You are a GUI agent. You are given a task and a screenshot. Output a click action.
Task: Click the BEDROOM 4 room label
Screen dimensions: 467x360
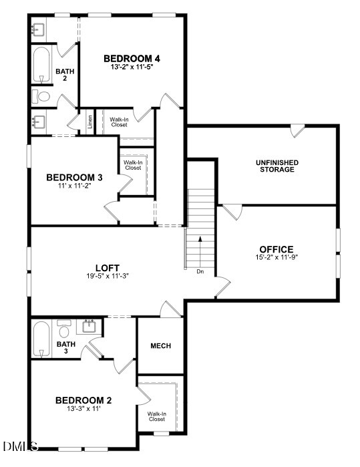tap(132, 57)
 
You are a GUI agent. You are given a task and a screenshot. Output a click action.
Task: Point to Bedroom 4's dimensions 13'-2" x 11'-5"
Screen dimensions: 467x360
tap(132, 67)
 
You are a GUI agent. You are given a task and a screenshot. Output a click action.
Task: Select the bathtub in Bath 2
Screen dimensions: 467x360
tap(41, 64)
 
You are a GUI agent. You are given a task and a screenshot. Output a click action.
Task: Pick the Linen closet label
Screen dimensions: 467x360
tap(89, 122)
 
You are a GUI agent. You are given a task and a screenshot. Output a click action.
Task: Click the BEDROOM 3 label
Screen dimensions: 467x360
tap(74, 177)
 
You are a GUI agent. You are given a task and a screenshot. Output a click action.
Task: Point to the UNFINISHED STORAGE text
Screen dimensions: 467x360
tap(277, 166)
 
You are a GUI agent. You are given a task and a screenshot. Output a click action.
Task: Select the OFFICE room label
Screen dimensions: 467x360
tap(277, 249)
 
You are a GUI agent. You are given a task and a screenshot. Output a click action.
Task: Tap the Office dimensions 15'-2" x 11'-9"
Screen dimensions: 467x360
tap(277, 258)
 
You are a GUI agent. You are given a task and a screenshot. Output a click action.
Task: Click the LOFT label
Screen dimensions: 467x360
tap(107, 266)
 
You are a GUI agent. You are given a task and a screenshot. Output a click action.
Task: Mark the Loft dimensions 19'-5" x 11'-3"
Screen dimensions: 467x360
tap(107, 275)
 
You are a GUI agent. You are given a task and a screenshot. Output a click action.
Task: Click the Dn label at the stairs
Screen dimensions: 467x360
tap(200, 272)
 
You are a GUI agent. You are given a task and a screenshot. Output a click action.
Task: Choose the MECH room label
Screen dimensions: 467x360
tap(160, 345)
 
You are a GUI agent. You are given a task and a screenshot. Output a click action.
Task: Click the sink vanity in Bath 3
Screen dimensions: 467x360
tap(88, 327)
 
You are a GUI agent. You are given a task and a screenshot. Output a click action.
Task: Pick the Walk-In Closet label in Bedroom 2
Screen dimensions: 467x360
tap(156, 416)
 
